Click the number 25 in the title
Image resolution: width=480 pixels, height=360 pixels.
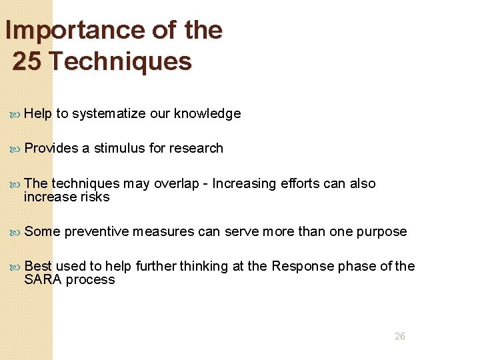pos(27,61)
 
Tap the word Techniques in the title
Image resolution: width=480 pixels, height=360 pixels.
pos(121,61)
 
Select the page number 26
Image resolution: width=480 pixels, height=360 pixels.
pos(399,337)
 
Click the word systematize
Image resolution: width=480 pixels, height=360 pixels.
pos(109,114)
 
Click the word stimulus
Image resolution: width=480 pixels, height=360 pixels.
pos(121,148)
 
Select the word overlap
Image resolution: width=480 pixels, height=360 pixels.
pos(176,183)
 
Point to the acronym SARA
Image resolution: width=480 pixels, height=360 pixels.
pos(43,280)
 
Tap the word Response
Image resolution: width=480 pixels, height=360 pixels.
pos(301,267)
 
